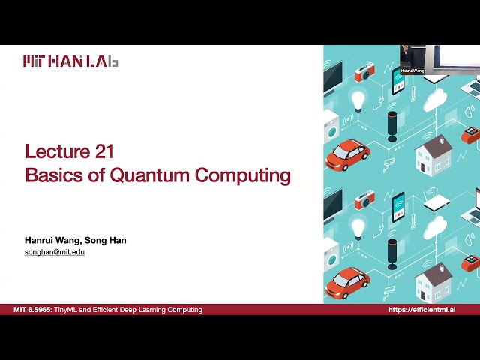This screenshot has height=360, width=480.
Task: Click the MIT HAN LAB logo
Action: pos(70,61)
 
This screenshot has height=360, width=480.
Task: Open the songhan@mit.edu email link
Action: pos(55,252)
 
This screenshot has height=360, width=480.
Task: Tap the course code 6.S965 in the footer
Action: pos(41,310)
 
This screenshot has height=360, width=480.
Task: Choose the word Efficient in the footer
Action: pos(112,310)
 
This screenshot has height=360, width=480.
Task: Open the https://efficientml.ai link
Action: pos(422,310)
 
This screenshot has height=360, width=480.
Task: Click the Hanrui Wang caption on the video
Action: pos(412,70)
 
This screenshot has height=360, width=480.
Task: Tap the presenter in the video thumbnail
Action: pos(406,56)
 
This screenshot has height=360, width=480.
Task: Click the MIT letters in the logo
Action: pos(38,61)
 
